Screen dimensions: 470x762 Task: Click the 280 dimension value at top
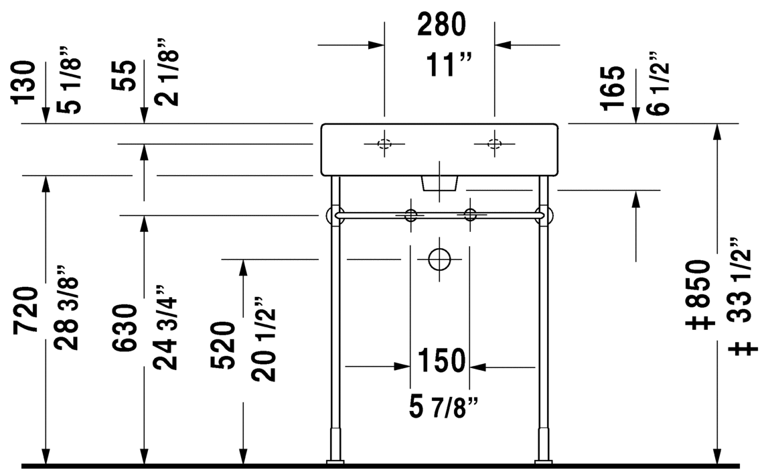pos(441,25)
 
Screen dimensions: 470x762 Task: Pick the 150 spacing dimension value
pos(441,361)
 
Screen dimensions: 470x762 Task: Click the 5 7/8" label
pos(443,407)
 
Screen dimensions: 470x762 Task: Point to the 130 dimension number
pos(24,81)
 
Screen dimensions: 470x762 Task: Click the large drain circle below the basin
pos(439,259)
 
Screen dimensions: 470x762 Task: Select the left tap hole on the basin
pos(384,143)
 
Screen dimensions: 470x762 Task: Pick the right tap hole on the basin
pos(495,143)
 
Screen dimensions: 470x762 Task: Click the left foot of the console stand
pos(335,461)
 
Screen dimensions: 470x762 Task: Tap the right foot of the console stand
pos(543,461)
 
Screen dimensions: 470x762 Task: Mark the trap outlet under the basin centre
pos(440,183)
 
